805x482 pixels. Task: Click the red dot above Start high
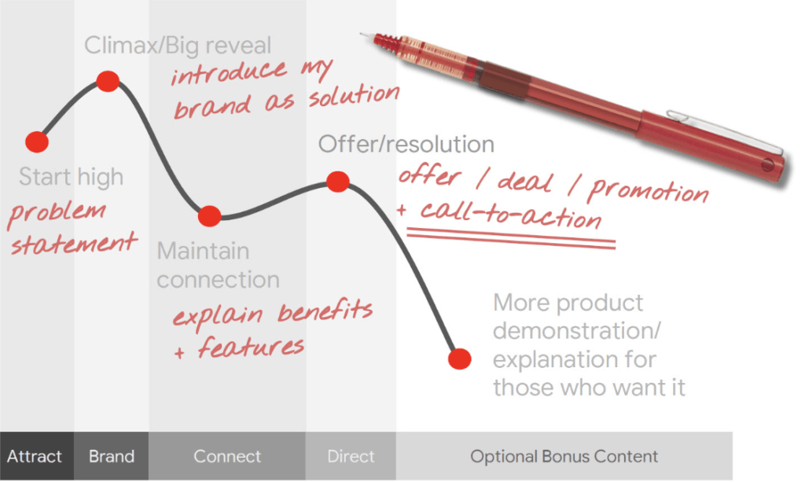pos(37,142)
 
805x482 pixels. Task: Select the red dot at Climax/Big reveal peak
pos(108,81)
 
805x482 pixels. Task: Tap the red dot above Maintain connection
pos(209,216)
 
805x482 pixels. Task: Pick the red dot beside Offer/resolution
pos(338,181)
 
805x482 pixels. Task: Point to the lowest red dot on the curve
pos(459,359)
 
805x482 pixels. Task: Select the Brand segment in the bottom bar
pos(112,456)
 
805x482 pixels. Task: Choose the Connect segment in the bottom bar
pos(227,456)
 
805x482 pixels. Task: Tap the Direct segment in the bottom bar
pos(351,456)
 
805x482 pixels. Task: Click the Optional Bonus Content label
pos(564,456)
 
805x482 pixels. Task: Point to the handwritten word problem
pos(57,213)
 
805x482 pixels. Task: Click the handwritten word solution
pos(354,95)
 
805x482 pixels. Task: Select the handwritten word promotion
pos(649,191)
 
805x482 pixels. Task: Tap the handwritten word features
pos(251,347)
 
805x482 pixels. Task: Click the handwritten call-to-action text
pos(511,215)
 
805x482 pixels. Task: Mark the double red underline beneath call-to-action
pos(511,239)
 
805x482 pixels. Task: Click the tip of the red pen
pos(361,35)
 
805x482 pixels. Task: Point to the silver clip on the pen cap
pos(724,129)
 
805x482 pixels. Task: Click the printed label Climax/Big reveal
pos(178,45)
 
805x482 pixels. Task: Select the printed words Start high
pos(71,177)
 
